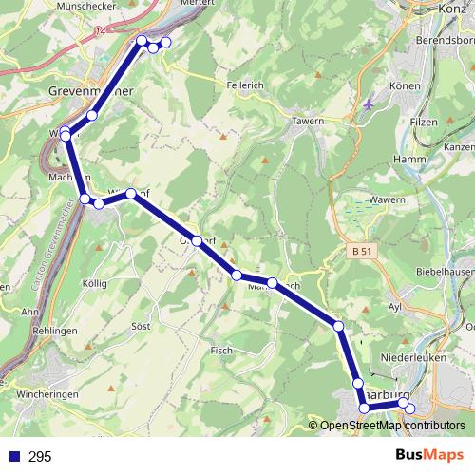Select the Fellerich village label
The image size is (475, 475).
point(245,85)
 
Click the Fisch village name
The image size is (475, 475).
point(220,351)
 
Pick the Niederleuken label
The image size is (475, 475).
point(405,359)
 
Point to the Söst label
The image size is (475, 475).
point(140,326)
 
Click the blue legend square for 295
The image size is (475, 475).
point(12,457)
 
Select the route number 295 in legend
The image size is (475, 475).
point(39,457)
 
